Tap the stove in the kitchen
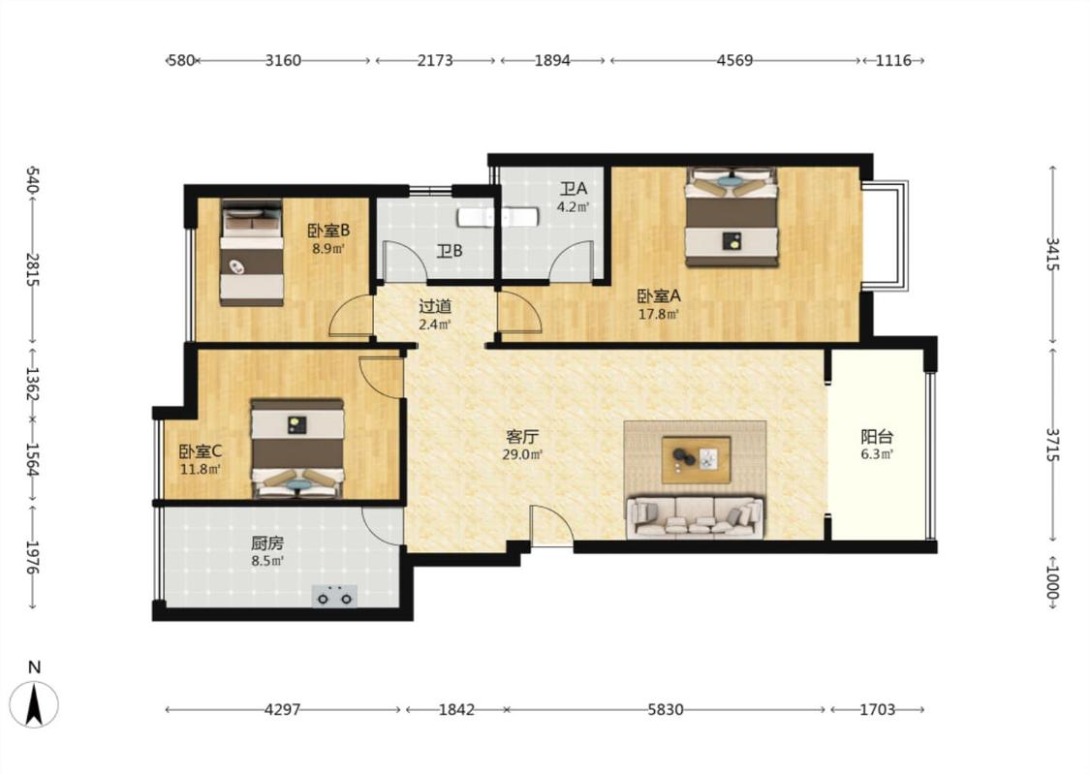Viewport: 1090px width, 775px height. pos(334,596)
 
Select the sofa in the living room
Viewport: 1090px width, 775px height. pos(695,517)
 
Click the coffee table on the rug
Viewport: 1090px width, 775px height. pos(696,459)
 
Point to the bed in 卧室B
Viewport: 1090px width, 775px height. pos(252,253)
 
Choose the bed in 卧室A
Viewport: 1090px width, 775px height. pos(732,217)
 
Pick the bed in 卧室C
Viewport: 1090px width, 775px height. pos(297,449)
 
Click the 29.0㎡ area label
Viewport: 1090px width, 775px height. pos(522,455)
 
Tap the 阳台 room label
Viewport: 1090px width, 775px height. pos(877,437)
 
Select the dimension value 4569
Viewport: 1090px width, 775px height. pos(734,60)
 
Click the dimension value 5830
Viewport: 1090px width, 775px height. pos(666,710)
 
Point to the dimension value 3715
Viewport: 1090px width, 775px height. pos(1052,446)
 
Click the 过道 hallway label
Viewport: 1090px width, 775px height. pos(435,306)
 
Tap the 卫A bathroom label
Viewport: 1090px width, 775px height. pos(575,188)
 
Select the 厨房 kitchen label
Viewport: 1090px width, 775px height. pos(267,543)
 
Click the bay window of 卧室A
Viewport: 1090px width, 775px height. pos(886,235)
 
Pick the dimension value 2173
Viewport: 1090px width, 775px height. pos(435,60)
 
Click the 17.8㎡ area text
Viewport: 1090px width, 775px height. pos(658,314)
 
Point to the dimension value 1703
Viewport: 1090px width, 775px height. pos(877,710)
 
